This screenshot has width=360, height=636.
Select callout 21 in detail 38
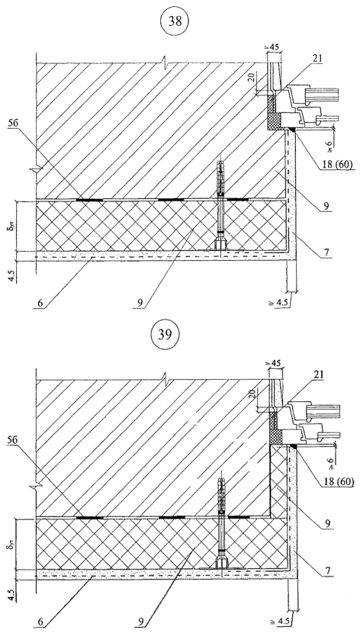pyautogui.click(x=318, y=59)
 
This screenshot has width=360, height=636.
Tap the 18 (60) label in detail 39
pyautogui.click(x=338, y=482)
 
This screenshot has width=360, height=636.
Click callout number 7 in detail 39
pyautogui.click(x=328, y=571)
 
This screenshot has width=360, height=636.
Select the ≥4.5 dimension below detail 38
pyautogui.click(x=284, y=301)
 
